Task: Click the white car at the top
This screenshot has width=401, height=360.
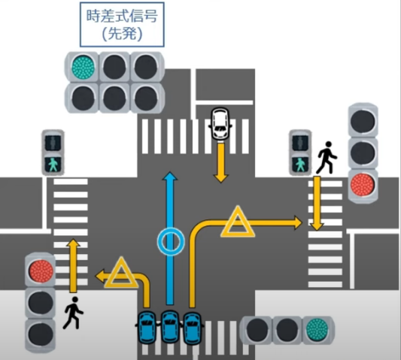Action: pyautogui.click(x=220, y=123)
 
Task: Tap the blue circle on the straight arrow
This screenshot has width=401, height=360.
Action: pyautogui.click(x=171, y=231)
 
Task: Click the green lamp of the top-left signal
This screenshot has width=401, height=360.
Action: pyautogui.click(x=83, y=67)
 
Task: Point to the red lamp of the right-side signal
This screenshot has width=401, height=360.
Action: pyautogui.click(x=363, y=184)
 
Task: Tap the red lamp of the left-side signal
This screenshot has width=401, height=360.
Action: pyautogui.click(x=41, y=271)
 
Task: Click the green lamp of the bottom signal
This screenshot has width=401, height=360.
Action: pyautogui.click(x=317, y=330)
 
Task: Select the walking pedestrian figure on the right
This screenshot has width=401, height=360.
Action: pyautogui.click(x=327, y=158)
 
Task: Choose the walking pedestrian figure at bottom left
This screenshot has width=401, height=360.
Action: pyautogui.click(x=73, y=313)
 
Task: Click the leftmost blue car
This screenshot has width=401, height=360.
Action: pyautogui.click(x=147, y=327)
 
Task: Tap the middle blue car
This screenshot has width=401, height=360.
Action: pyautogui.click(x=169, y=327)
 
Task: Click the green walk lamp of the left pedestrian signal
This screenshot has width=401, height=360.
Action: pyautogui.click(x=53, y=165)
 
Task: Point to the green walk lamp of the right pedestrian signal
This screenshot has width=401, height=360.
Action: pyautogui.click(x=300, y=165)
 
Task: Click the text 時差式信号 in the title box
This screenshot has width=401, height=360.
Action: pyautogui.click(x=122, y=16)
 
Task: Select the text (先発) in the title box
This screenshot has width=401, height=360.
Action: pyautogui.click(x=122, y=34)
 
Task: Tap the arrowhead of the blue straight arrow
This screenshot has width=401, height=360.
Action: pyautogui.click(x=170, y=177)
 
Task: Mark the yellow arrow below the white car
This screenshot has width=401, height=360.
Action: pyautogui.click(x=220, y=163)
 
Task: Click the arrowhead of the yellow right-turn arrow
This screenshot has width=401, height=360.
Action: pyautogui.click(x=298, y=222)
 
